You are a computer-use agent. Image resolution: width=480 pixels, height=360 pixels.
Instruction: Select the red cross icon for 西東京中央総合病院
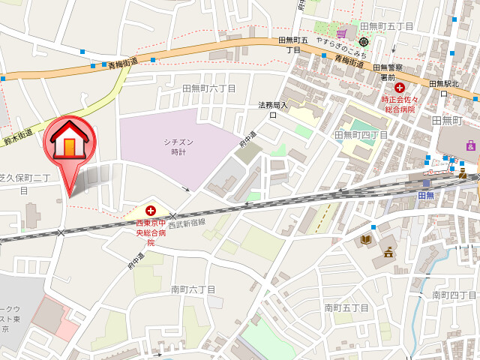(x=151, y=211)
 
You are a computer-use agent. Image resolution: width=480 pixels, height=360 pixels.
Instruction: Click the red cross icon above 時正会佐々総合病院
(x=399, y=88)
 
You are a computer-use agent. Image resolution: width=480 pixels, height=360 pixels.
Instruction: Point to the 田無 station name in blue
(x=426, y=196)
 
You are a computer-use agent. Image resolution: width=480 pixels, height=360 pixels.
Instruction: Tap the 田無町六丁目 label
(x=209, y=88)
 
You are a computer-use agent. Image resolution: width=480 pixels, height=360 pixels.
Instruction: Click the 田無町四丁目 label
(x=361, y=135)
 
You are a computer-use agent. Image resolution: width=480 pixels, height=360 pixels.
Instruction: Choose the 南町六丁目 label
(x=193, y=289)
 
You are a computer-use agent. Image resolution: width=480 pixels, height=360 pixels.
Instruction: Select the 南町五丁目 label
(x=346, y=307)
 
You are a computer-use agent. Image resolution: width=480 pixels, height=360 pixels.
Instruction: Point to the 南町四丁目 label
(x=454, y=295)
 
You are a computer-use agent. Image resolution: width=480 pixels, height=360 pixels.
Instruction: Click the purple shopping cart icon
(x=342, y=32)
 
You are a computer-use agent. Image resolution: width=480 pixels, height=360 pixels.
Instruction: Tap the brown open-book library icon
(x=366, y=239)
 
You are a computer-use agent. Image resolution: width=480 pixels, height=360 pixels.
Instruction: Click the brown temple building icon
(x=388, y=252)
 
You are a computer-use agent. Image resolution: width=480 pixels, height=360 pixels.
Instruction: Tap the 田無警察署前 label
(x=388, y=72)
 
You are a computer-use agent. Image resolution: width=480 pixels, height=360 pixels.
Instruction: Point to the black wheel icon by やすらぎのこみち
(x=364, y=42)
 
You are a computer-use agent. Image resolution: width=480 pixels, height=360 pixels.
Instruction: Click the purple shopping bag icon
(x=470, y=145)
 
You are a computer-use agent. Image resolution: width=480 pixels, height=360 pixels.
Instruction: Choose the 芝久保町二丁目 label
(x=25, y=183)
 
